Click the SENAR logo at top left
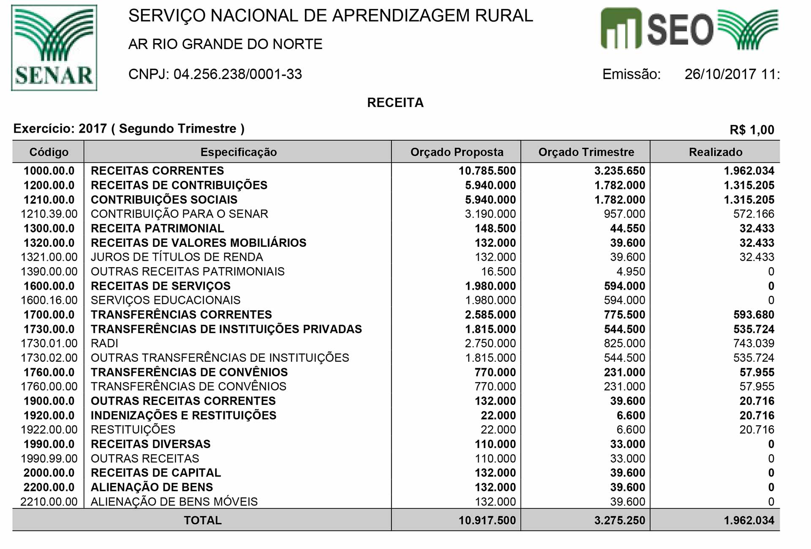click(54, 48)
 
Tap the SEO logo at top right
click(689, 29)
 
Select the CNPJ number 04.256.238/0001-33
click(237, 74)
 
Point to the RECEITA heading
click(395, 103)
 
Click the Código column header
click(49, 152)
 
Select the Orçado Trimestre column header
click(586, 152)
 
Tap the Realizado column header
click(715, 152)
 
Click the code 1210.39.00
click(49, 214)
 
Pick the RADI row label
click(104, 343)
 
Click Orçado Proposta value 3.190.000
click(490, 214)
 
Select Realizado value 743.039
click(753, 343)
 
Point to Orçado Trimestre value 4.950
click(631, 271)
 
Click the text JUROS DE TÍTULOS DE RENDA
click(177, 257)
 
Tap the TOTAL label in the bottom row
click(202, 520)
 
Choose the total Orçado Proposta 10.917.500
click(487, 520)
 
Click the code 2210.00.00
click(49, 502)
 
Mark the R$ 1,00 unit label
click(751, 130)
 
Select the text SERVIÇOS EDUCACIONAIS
click(165, 300)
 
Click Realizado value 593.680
click(753, 314)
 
